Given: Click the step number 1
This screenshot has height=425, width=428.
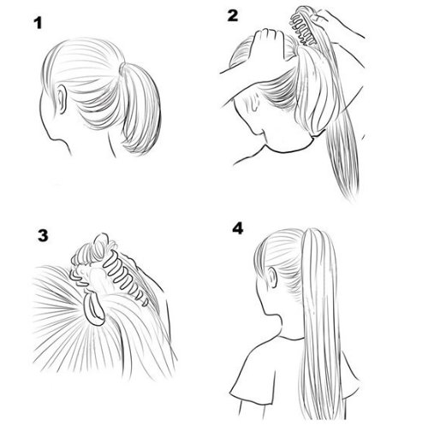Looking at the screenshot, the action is tap(38, 23).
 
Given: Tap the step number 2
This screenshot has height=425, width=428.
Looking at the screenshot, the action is tap(233, 15).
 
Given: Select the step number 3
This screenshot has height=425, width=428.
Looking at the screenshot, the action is tap(43, 236).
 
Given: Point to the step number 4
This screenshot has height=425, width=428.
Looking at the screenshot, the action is tap(237, 228).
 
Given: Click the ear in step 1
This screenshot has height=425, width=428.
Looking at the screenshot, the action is tap(62, 99).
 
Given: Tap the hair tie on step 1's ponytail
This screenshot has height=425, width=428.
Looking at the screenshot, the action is tap(122, 68).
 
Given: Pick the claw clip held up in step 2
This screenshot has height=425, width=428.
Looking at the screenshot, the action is tap(303, 27).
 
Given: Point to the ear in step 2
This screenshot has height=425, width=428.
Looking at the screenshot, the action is tap(254, 101).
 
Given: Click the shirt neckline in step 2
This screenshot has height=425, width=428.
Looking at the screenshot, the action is tap(288, 150).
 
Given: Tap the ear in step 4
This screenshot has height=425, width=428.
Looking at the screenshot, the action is tap(273, 277).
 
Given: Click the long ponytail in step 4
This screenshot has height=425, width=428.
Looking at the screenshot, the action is tap(319, 322).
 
